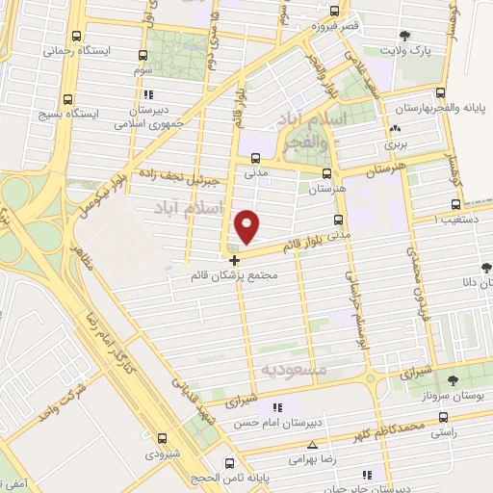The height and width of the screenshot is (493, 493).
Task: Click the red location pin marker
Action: point(248,225)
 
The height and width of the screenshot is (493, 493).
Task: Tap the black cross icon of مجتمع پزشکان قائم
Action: point(235,260)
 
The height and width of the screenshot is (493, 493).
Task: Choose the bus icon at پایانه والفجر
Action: point(440,93)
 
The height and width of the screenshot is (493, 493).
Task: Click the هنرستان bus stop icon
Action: point(326,174)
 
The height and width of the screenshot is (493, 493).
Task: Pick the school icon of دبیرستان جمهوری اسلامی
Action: point(147,95)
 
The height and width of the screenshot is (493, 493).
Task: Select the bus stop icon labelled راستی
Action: point(443,418)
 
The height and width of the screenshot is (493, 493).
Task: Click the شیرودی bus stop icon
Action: point(161,439)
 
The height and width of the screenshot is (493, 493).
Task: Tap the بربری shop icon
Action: point(395,130)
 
